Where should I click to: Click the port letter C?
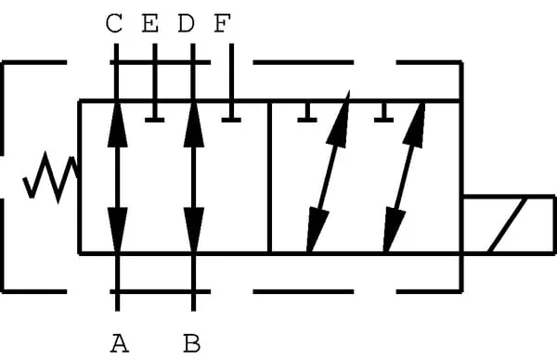coord(114,23)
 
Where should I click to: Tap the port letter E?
coord(150,23)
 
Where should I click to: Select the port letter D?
coord(187,23)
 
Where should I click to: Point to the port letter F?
coord(223,23)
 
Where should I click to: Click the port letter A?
coord(120,343)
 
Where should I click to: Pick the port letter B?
coord(192,343)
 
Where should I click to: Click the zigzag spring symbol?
coord(50,177)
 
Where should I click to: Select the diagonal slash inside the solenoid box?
coord(507,225)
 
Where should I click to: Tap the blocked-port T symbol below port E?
coord(154,112)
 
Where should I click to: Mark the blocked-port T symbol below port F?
coord(231,112)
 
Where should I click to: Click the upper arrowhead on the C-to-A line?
coord(117,124)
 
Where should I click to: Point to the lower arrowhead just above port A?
coord(117,230)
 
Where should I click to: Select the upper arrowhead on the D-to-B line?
coord(194,124)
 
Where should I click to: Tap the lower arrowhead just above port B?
coord(194,230)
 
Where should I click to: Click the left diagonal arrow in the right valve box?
coord(328,172)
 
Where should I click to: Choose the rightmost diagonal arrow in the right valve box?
coord(404,177)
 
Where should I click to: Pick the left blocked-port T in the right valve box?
coord(307,112)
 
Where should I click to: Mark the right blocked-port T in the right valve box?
coord(383,112)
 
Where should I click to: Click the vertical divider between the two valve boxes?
coord(269,177)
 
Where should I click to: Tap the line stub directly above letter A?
coord(117,283)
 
